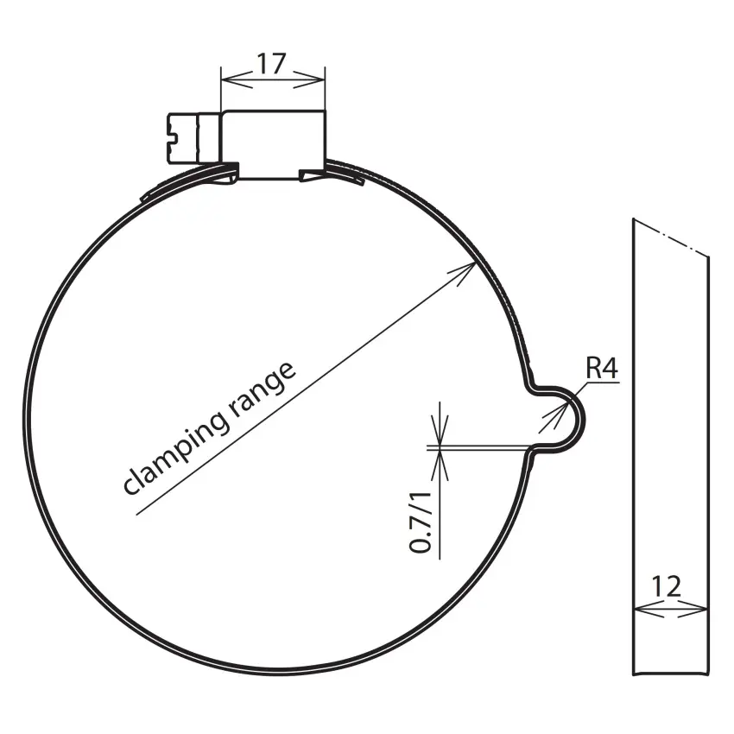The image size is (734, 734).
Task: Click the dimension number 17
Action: [x=273, y=65]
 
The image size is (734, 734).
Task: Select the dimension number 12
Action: [x=667, y=586]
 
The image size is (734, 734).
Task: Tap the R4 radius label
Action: [x=602, y=369]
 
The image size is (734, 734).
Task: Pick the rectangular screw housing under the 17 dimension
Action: [x=274, y=144]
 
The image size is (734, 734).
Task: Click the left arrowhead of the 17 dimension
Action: [x=229, y=81]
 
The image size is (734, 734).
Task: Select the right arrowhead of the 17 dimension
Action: [x=319, y=81]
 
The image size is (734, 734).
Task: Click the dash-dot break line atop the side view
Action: [x=672, y=237]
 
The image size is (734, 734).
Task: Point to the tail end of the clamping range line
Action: [x=137, y=516]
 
